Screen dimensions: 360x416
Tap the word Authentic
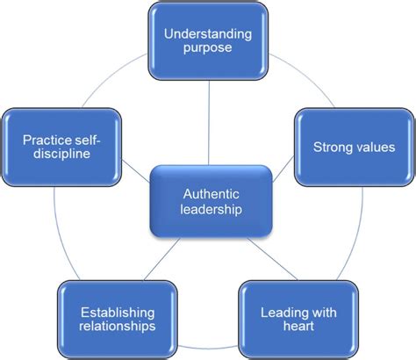coord(207,196)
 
